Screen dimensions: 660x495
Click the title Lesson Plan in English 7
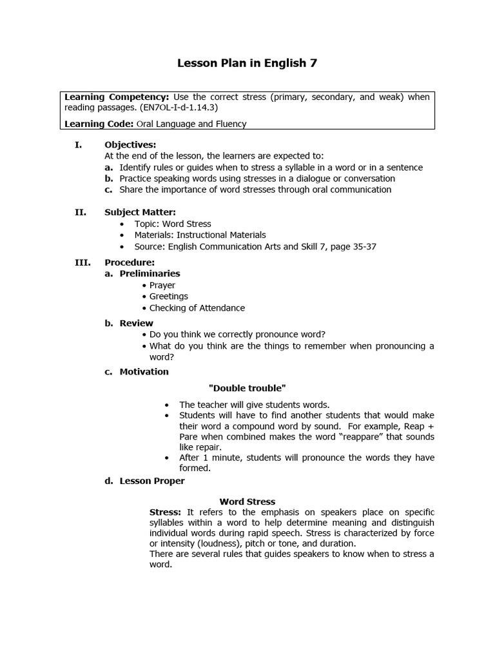[247, 63]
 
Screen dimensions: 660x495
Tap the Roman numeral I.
[78, 144]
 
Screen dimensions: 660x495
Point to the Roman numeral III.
[81, 262]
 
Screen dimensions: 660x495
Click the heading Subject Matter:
[140, 211]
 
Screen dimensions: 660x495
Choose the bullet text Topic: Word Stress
[173, 224]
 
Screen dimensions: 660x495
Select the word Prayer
[162, 285]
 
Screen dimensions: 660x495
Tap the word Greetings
[169, 296]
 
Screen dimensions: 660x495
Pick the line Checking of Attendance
[197, 308]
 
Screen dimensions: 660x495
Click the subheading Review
[136, 323]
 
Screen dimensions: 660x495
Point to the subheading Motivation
[144, 371]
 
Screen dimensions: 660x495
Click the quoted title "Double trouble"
[247, 388]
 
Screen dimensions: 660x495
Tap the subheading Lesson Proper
[152, 481]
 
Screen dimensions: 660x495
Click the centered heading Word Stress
[247, 501]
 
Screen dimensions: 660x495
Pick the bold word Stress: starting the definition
[165, 512]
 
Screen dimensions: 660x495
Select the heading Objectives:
[130, 144]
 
